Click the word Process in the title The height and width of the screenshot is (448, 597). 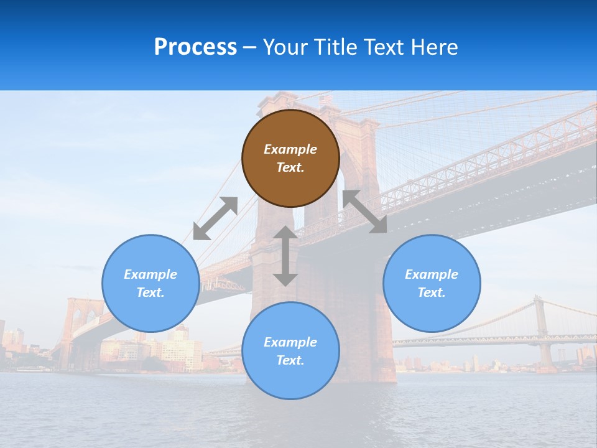coord(195,47)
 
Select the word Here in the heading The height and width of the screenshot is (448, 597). coord(434,47)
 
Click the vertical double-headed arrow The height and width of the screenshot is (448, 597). coord(285,256)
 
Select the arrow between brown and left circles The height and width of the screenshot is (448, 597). coord(215,218)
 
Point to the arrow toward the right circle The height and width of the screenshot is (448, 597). coord(364,212)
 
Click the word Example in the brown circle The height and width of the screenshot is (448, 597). coord(290,149)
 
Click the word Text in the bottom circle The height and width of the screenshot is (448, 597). coord(290,360)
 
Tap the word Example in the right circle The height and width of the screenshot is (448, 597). coord(432,274)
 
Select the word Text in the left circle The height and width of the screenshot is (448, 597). coord(150,292)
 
